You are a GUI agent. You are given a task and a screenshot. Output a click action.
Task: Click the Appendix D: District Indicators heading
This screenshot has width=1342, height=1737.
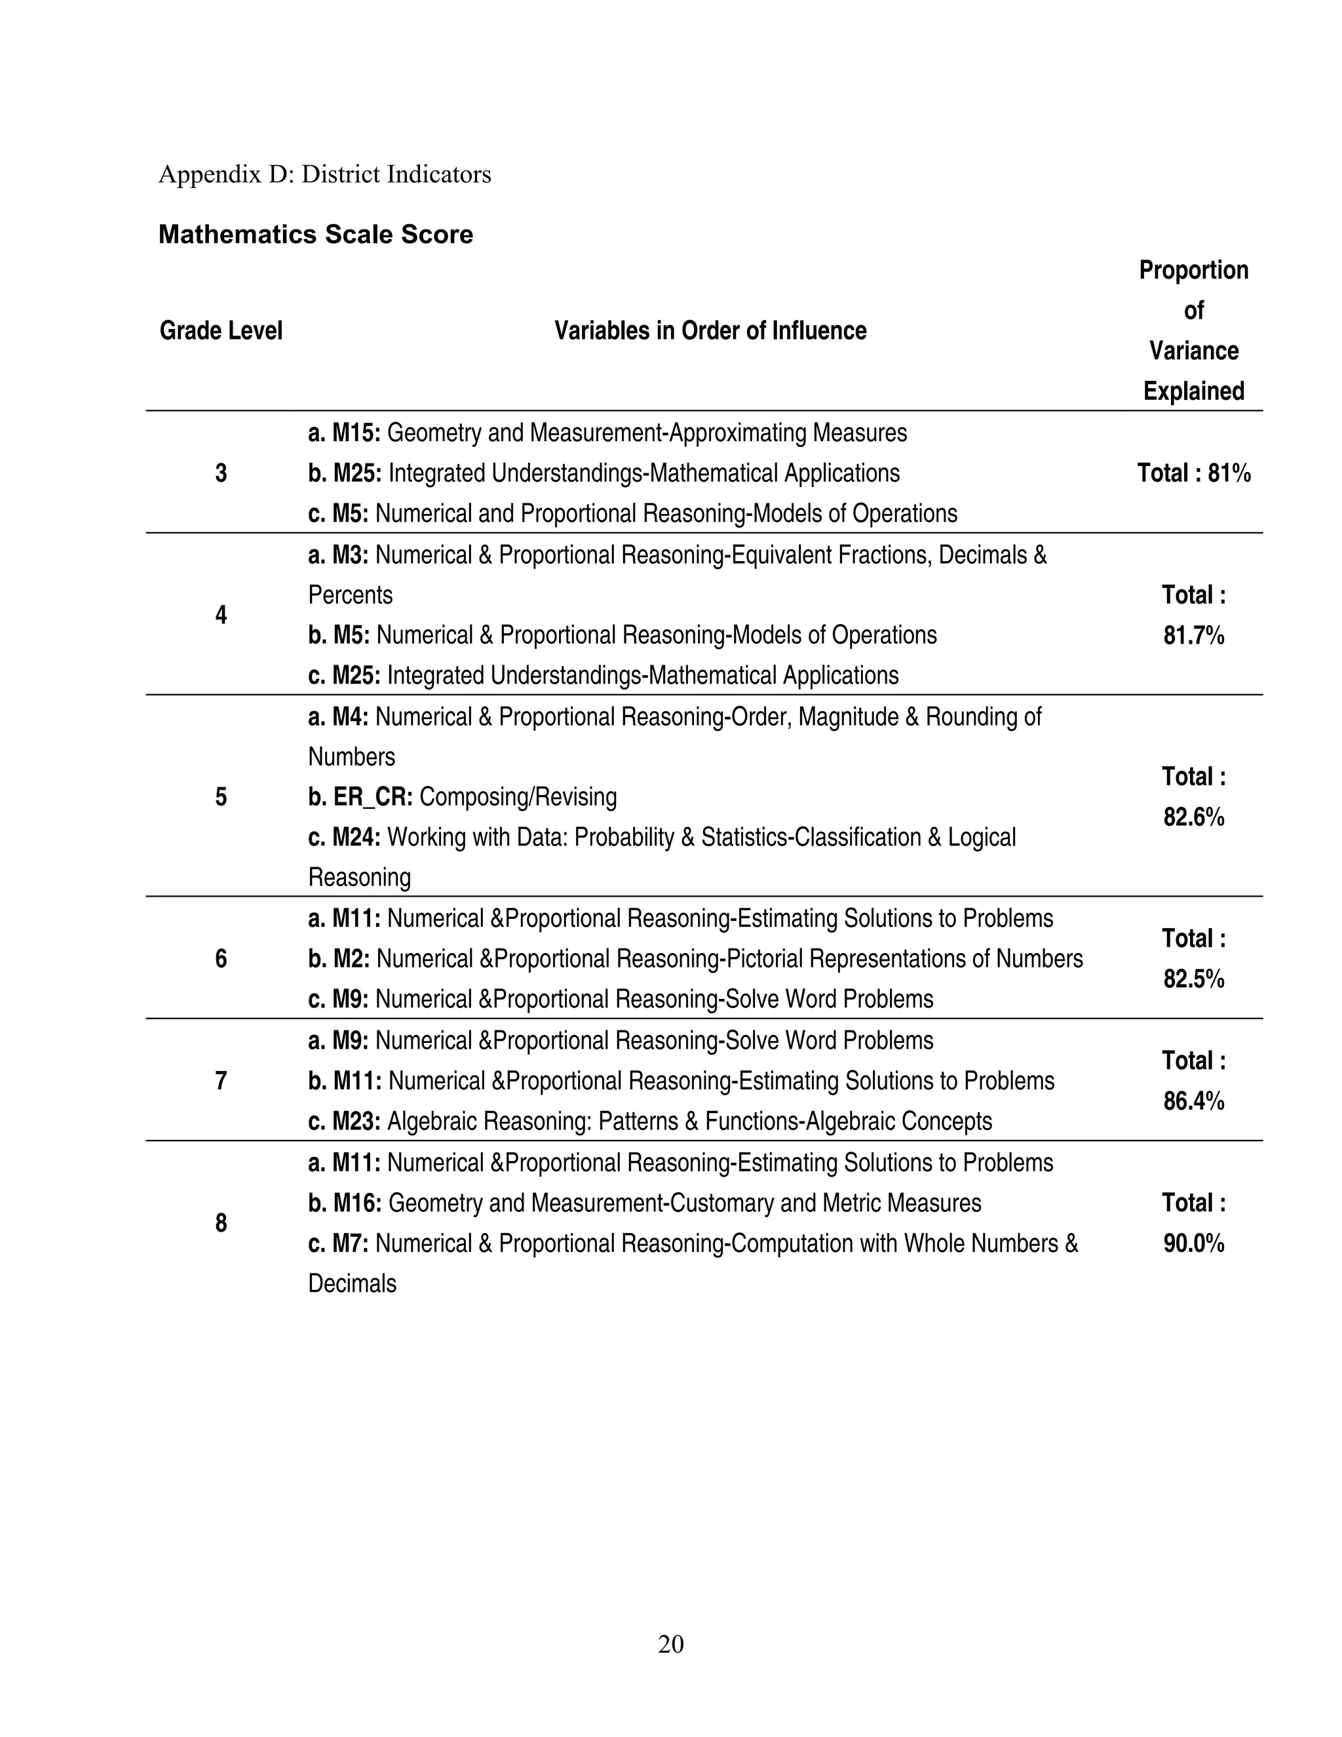click(324, 174)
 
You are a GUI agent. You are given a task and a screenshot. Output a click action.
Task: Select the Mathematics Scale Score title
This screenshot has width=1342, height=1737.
click(316, 235)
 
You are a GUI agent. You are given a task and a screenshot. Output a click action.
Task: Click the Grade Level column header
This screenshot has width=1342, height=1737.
click(221, 331)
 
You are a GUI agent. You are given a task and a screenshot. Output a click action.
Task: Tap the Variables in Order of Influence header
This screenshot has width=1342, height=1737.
click(710, 331)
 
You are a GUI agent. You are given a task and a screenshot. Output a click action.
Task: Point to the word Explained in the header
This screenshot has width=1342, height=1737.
click(1193, 391)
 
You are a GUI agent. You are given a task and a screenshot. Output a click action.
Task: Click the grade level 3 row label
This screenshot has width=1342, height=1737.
click(221, 474)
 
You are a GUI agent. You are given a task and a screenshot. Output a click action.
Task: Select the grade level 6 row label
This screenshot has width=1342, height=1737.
click(221, 959)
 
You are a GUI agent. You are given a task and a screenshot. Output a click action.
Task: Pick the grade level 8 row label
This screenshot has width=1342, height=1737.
click(221, 1223)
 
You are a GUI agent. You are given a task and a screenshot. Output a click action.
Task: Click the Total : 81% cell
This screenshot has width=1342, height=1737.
click(1193, 474)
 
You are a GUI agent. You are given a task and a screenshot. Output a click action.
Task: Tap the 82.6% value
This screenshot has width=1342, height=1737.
click(1193, 817)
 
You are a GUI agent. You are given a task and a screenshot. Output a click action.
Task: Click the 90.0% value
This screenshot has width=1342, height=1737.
click(1193, 1244)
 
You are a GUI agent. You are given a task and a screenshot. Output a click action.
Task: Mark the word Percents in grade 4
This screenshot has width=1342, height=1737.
click(350, 596)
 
